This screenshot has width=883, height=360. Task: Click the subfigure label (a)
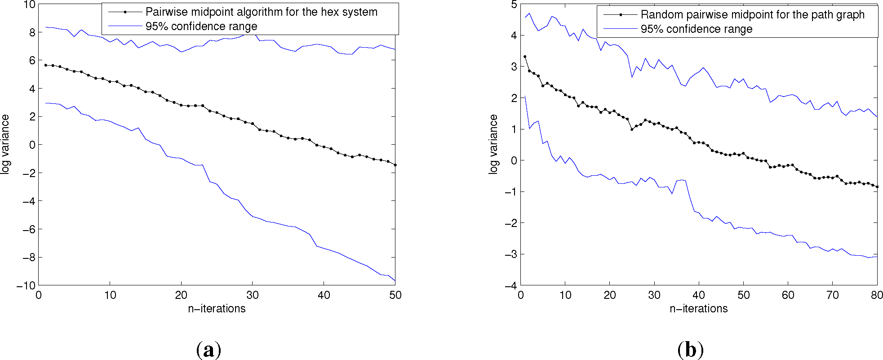pos(209,350)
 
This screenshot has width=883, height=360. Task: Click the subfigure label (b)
pos(690,350)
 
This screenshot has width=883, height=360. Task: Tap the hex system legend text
pos(261,12)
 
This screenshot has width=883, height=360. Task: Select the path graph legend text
pos(752,15)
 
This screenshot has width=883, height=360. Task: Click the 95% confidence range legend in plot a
pos(201,27)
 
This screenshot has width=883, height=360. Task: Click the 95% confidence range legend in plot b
pos(696,29)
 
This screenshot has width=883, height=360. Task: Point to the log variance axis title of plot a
pos(5,144)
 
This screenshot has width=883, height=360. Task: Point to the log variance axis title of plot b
pos(493,144)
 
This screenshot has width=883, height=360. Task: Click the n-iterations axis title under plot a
pos(217,309)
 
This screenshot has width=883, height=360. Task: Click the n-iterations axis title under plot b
pos(698,309)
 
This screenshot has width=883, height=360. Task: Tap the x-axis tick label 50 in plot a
pos(395,295)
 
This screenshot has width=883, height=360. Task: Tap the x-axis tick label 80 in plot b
pos(877,295)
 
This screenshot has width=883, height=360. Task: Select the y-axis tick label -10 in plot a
pos(25,285)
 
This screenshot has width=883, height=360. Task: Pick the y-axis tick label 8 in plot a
pos(32,32)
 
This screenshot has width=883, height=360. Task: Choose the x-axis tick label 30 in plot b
pos(654,295)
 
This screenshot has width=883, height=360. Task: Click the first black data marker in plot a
pos(45,65)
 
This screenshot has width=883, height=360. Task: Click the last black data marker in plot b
pos(877,187)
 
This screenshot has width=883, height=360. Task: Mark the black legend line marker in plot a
pos(125,12)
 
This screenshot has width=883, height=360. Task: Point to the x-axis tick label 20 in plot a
pos(181,295)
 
